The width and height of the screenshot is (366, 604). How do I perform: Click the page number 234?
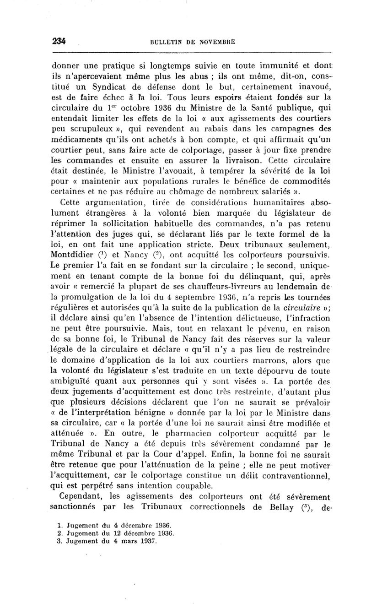(x=59, y=41)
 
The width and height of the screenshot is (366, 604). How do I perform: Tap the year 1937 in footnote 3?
(x=146, y=540)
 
